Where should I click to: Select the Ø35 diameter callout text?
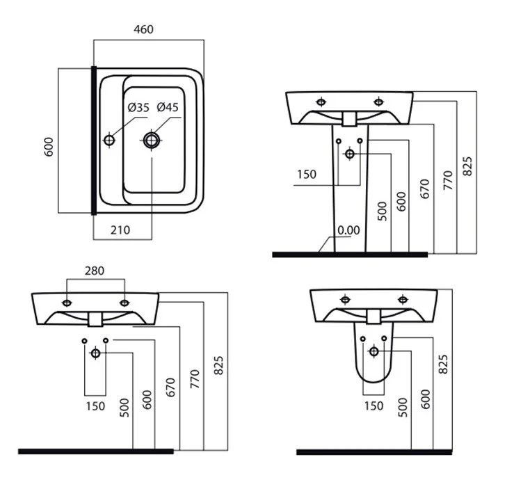tap(138, 107)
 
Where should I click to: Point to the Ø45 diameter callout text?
tap(168, 107)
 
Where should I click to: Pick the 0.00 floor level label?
tap(348, 230)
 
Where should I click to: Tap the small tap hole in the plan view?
tap(109, 140)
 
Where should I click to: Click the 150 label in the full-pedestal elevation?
tap(306, 174)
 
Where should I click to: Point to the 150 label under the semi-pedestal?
tap(374, 406)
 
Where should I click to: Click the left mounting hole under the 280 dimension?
tap(67, 303)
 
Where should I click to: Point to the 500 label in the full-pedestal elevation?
tap(382, 211)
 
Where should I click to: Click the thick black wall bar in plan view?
tap(93, 140)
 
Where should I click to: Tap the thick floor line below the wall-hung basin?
tap(95, 451)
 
